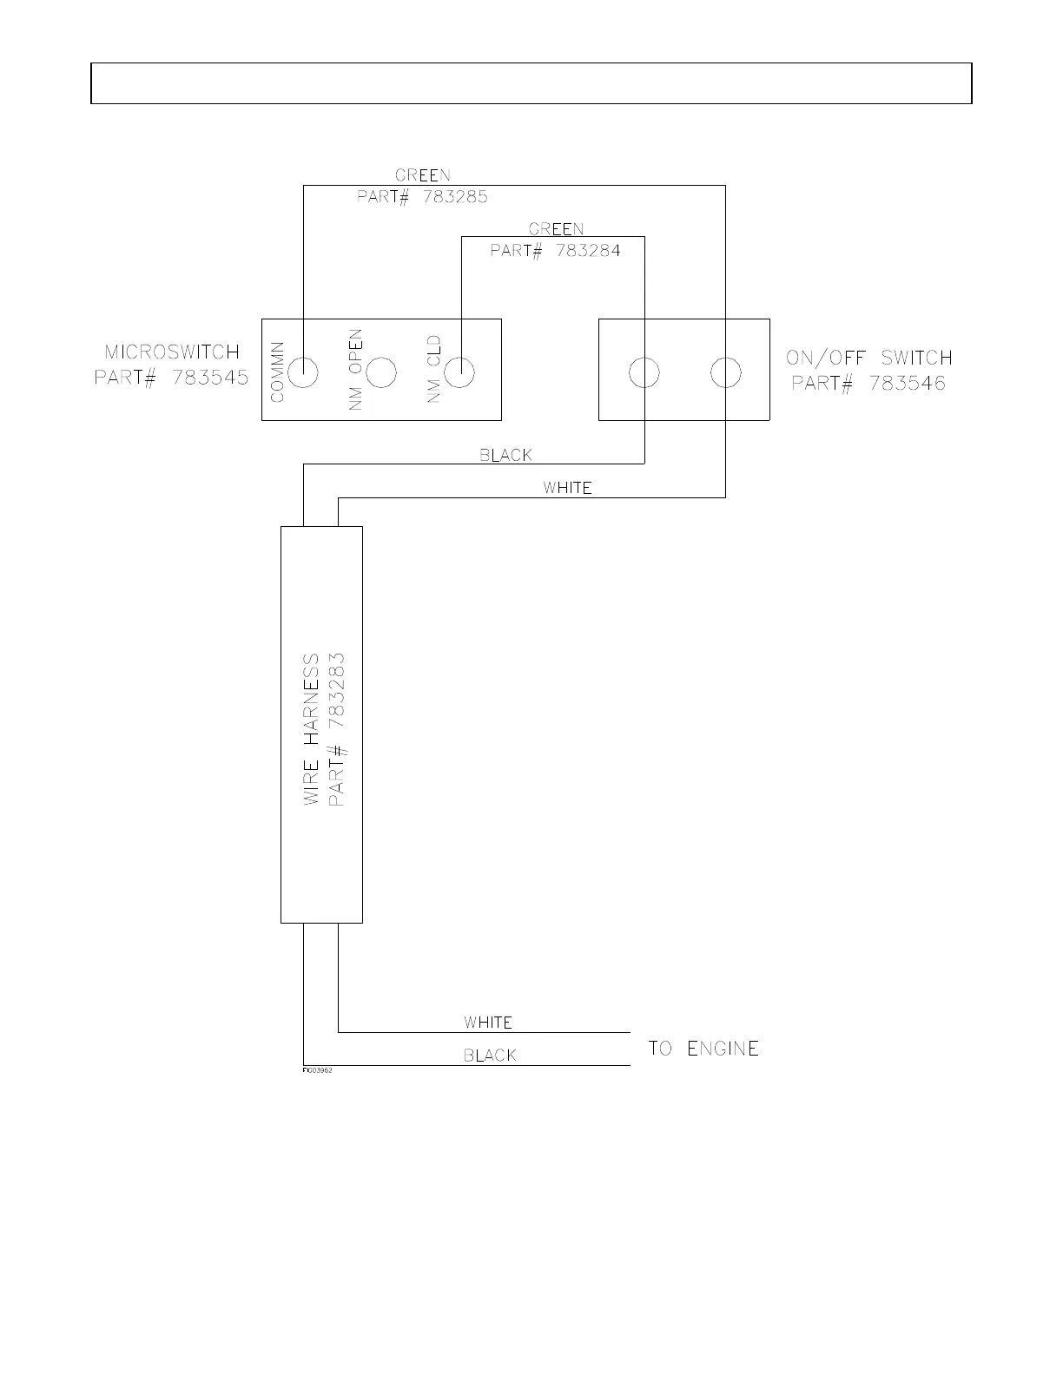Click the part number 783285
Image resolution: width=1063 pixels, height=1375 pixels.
[x=455, y=197]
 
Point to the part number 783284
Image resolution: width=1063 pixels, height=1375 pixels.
[x=588, y=251]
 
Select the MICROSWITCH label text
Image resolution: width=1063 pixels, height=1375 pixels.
[x=172, y=352]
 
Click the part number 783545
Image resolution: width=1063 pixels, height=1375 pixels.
[x=210, y=378]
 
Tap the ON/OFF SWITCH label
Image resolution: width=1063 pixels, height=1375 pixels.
[x=869, y=359]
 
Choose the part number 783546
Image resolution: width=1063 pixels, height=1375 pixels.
[x=908, y=383]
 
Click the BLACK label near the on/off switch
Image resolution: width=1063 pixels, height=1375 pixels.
[x=505, y=455]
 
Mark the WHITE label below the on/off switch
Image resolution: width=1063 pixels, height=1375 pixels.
[x=567, y=488]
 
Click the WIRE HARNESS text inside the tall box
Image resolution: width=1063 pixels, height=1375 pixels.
[x=311, y=729]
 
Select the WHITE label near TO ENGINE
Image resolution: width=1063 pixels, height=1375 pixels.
[x=487, y=1023]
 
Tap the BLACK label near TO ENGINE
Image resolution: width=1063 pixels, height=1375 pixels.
[x=490, y=1056]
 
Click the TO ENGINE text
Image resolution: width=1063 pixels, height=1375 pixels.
[x=703, y=1049]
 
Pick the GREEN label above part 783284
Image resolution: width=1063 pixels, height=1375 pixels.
[x=556, y=228]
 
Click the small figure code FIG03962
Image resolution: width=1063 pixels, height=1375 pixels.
[x=317, y=1070]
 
